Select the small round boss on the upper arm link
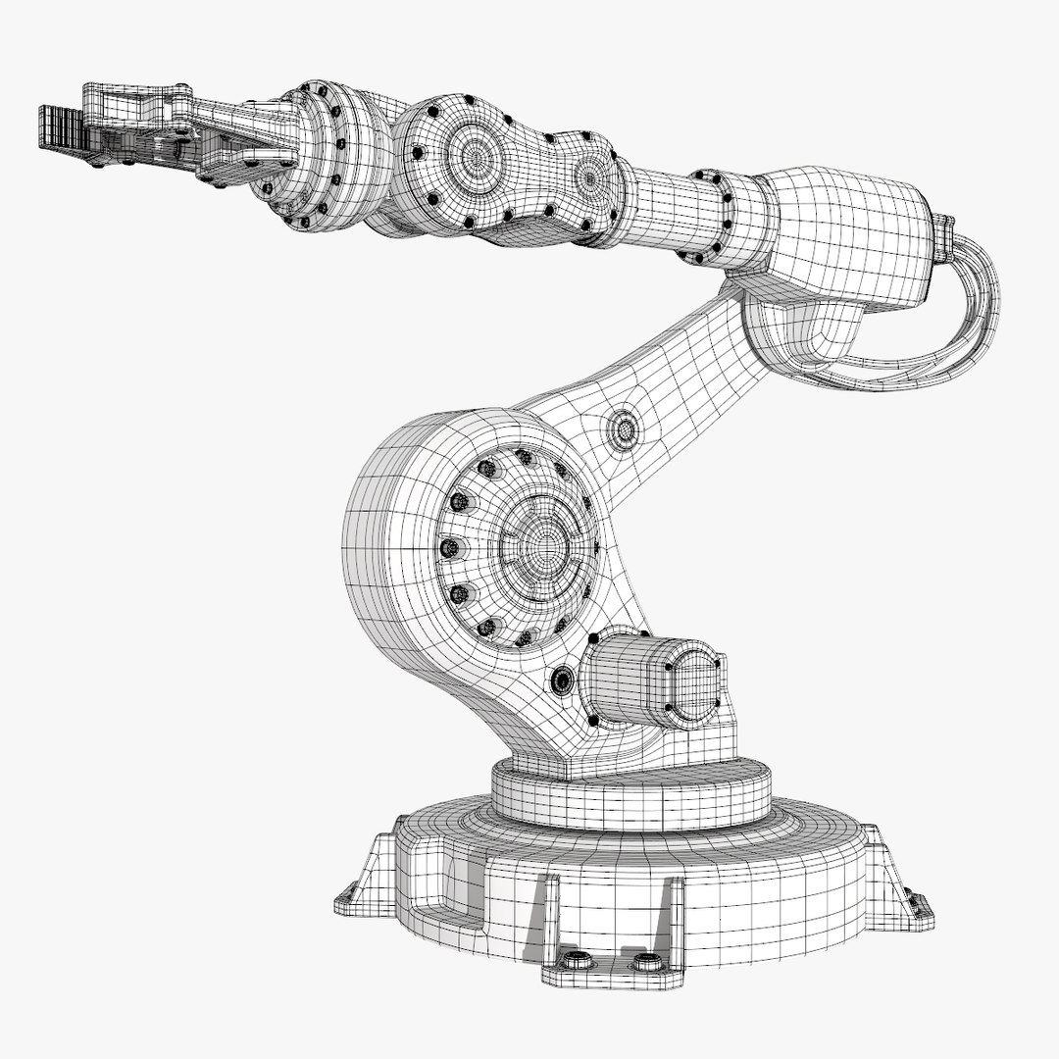click(x=624, y=429)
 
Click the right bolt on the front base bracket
click(x=643, y=962)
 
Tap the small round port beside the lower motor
click(x=562, y=680)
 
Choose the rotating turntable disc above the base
click(x=630, y=794)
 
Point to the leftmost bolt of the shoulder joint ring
click(x=449, y=547)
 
